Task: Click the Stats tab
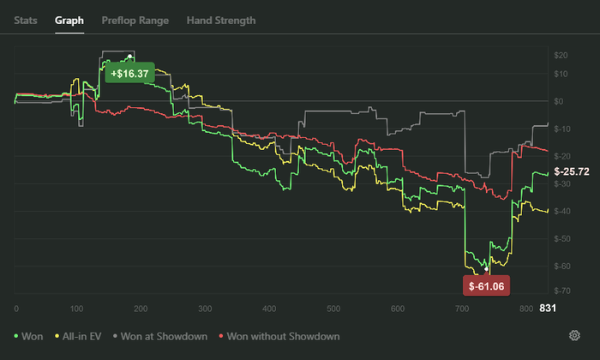click(x=26, y=21)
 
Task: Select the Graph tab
click(x=69, y=21)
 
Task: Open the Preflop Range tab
click(x=135, y=21)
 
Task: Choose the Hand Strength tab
click(x=221, y=21)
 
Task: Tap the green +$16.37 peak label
click(x=129, y=73)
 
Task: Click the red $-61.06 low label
click(x=486, y=285)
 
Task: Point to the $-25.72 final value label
click(x=572, y=171)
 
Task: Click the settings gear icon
click(x=574, y=335)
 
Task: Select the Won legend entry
click(x=28, y=336)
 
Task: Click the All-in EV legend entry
click(x=78, y=336)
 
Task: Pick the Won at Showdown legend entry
click(x=160, y=336)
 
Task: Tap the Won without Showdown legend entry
click(x=279, y=336)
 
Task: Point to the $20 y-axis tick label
click(x=561, y=55)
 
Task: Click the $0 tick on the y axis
click(x=559, y=101)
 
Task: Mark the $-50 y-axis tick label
click(x=562, y=239)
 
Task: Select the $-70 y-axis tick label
click(x=562, y=291)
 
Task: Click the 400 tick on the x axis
click(x=269, y=309)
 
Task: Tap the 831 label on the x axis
click(x=548, y=308)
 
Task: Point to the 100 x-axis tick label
click(x=76, y=309)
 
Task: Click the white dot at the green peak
click(x=129, y=57)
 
